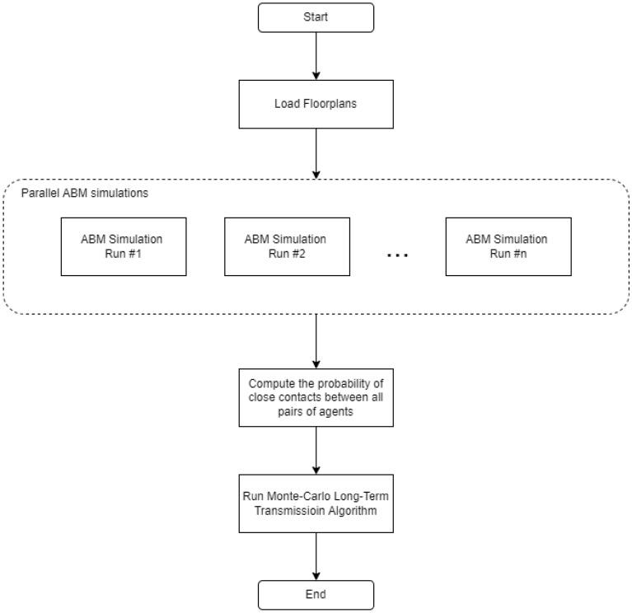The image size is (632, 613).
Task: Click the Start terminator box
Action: (316, 17)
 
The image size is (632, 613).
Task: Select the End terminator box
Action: (316, 594)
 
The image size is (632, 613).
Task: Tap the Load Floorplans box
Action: (316, 105)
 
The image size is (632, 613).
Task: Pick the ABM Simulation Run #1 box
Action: (123, 246)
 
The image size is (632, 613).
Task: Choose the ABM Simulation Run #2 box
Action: (285, 246)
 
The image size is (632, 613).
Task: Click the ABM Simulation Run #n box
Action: (508, 246)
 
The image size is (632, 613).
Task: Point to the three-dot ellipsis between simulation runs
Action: (397, 255)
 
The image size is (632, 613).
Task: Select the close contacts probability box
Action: (316, 397)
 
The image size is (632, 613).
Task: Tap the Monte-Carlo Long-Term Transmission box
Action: (316, 503)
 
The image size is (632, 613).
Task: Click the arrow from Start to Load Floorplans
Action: (316, 55)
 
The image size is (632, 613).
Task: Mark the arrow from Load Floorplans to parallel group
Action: (316, 152)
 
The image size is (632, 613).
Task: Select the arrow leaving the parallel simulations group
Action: (316, 340)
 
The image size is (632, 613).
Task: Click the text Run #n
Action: (508, 252)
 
